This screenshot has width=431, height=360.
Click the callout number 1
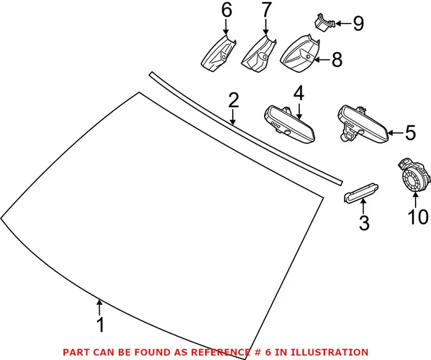100,324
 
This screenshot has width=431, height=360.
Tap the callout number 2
233,100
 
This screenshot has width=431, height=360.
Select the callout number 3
364,223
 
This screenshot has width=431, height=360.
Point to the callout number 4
299,94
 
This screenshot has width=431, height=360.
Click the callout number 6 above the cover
226,10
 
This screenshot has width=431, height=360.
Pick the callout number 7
266,10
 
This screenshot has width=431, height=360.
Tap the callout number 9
358,24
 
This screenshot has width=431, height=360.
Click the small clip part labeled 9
323,22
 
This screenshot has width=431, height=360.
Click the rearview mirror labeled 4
289,122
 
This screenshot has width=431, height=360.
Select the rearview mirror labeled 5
363,125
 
